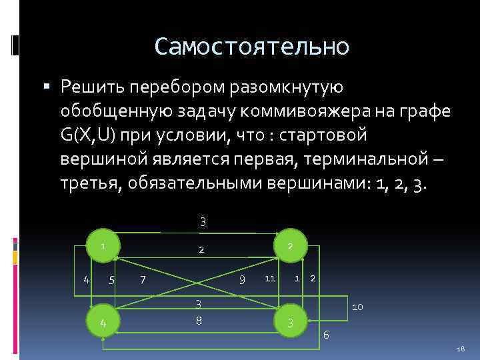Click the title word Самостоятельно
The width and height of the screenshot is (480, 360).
(251, 46)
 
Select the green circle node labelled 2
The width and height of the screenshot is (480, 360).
(290, 246)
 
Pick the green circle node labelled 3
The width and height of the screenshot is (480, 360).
(290, 323)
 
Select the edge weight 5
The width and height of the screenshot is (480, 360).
(112, 278)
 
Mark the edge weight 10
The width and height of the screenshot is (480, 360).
(357, 307)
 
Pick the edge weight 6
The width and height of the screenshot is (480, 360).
(326, 334)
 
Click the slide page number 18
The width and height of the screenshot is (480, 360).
(461, 349)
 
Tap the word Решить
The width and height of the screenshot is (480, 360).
(91, 87)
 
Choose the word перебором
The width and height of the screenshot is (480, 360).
(177, 87)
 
